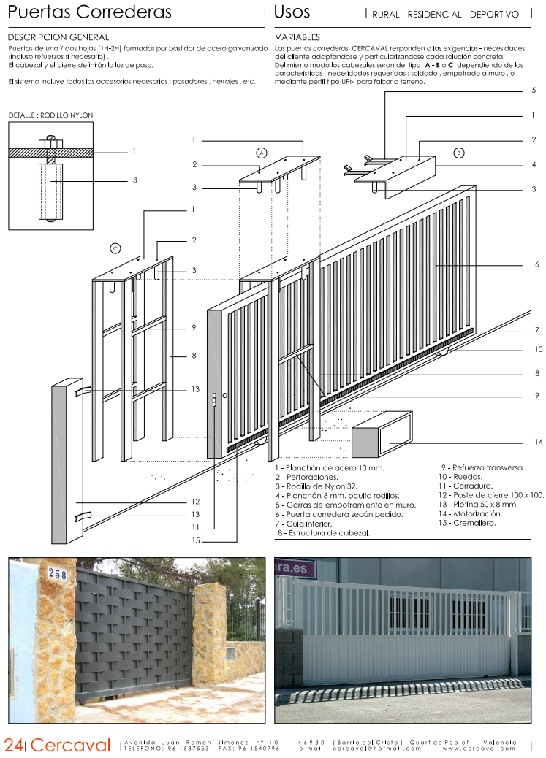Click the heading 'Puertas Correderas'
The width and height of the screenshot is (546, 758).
[90, 12]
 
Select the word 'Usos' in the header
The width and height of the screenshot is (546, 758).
[292, 12]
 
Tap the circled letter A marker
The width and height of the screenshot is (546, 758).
[261, 153]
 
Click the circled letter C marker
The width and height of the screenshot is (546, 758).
[115, 248]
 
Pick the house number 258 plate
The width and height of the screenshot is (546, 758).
[58, 575]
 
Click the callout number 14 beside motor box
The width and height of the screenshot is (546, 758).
[538, 443]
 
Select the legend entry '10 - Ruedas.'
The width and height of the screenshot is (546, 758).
[462, 476]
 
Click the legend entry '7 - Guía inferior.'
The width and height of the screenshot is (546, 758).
[303, 523]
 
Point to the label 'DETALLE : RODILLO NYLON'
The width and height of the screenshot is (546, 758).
[50, 115]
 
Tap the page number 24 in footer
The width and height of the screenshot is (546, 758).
[12, 745]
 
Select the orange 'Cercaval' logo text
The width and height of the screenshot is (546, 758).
[70, 745]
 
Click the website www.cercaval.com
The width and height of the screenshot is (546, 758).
[479, 748]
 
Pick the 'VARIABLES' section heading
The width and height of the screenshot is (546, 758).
[297, 37]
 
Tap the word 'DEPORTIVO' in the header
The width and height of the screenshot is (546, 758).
[494, 15]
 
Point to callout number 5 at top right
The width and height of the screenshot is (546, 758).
[534, 91]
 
